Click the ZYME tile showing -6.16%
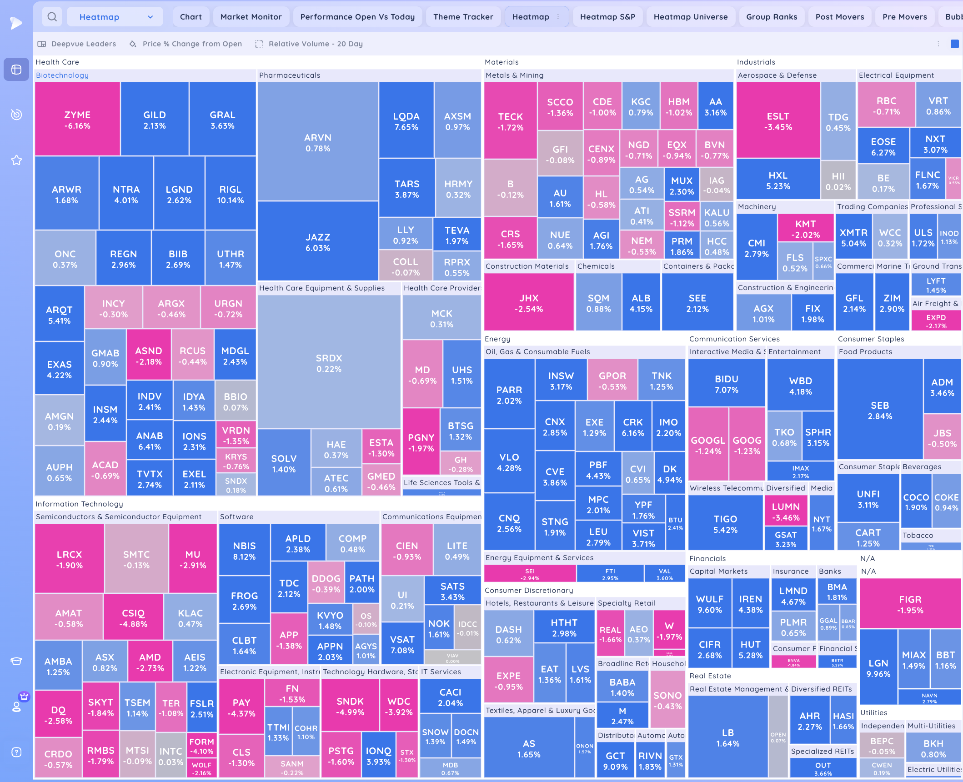pyautogui.click(x=77, y=120)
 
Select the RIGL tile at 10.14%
pyautogui.click(x=230, y=194)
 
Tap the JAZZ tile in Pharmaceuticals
pyautogui.click(x=318, y=242)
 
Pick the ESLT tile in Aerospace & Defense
pyautogui.click(x=778, y=121)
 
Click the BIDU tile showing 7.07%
pyautogui.click(x=726, y=384)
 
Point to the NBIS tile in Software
pyautogui.click(x=244, y=551)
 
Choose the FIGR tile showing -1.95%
pyautogui.click(x=910, y=604)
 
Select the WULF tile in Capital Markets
pyautogui.click(x=709, y=604)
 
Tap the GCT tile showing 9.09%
pyautogui.click(x=615, y=761)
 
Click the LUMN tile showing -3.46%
pyautogui.click(x=785, y=511)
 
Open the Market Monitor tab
pyautogui.click(x=251, y=17)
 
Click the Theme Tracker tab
pyautogui.click(x=463, y=17)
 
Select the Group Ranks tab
pyautogui.click(x=771, y=17)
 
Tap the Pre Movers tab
pyautogui.click(x=904, y=17)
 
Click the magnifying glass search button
pyautogui.click(x=52, y=17)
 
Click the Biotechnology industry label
pyautogui.click(x=62, y=75)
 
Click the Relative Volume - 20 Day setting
pyautogui.click(x=315, y=44)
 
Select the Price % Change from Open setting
pyautogui.click(x=192, y=44)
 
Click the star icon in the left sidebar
pyautogui.click(x=16, y=160)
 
